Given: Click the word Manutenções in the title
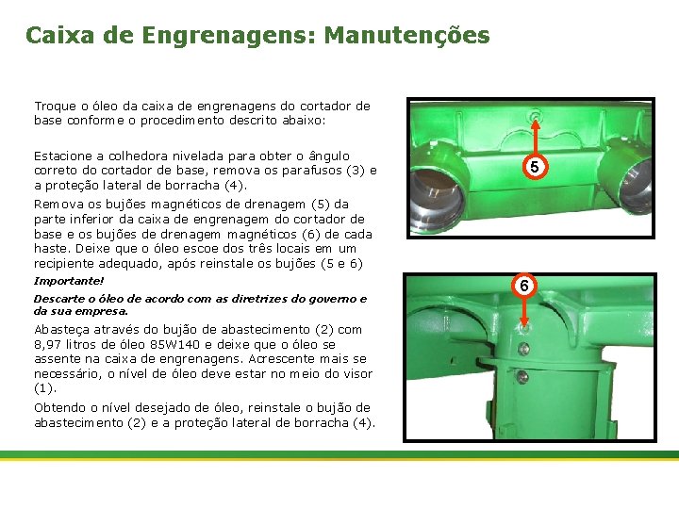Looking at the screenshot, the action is pyautogui.click(x=406, y=35).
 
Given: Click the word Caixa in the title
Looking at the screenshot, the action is pyautogui.click(x=59, y=35).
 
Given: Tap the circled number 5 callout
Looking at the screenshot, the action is pyautogui.click(x=535, y=167).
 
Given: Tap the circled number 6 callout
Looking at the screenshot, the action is pyautogui.click(x=524, y=286).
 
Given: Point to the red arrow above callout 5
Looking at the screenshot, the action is pyautogui.click(x=536, y=138).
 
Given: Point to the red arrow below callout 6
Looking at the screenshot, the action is pyautogui.click(x=524, y=312).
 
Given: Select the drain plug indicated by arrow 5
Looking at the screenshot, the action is pyautogui.click(x=536, y=115).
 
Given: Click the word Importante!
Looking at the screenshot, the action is pyautogui.click(x=69, y=281).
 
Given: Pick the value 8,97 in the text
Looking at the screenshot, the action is pyautogui.click(x=48, y=345).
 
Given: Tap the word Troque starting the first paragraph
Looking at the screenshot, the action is pyautogui.click(x=56, y=107).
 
